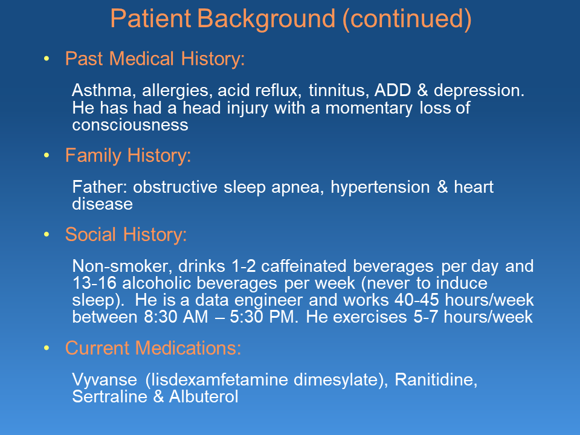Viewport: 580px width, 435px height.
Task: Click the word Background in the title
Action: click(266, 19)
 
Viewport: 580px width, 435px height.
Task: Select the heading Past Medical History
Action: click(155, 59)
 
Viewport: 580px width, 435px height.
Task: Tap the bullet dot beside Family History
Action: click(47, 155)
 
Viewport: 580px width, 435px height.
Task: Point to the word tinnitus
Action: click(339, 91)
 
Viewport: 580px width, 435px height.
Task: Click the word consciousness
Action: click(130, 125)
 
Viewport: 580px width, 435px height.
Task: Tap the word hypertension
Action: click(380, 187)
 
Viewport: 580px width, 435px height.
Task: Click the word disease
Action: click(103, 204)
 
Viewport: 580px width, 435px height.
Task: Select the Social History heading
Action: click(126, 235)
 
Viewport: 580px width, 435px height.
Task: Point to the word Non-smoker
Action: click(123, 266)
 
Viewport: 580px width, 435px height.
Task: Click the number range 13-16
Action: click(94, 283)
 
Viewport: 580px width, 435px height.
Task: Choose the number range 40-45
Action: click(416, 300)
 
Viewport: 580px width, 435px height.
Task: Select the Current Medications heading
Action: click(153, 349)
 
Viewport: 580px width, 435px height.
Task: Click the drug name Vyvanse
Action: click(105, 380)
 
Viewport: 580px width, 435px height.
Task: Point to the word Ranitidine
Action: click(436, 380)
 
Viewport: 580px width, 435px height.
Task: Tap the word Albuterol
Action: click(204, 396)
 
